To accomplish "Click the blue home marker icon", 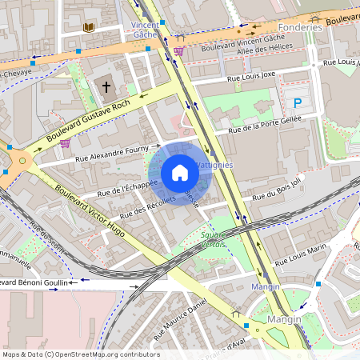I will (x=180, y=172).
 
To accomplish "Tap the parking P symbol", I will (x=298, y=102).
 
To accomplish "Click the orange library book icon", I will (x=88, y=27).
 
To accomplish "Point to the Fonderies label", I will (x=302, y=26).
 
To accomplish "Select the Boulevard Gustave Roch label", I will (x=88, y=122).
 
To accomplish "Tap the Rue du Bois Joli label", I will (x=277, y=190).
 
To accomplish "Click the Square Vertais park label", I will (x=213, y=239).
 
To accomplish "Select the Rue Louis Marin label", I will (x=301, y=255).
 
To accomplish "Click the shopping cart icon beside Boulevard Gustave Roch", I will (x=64, y=143).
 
